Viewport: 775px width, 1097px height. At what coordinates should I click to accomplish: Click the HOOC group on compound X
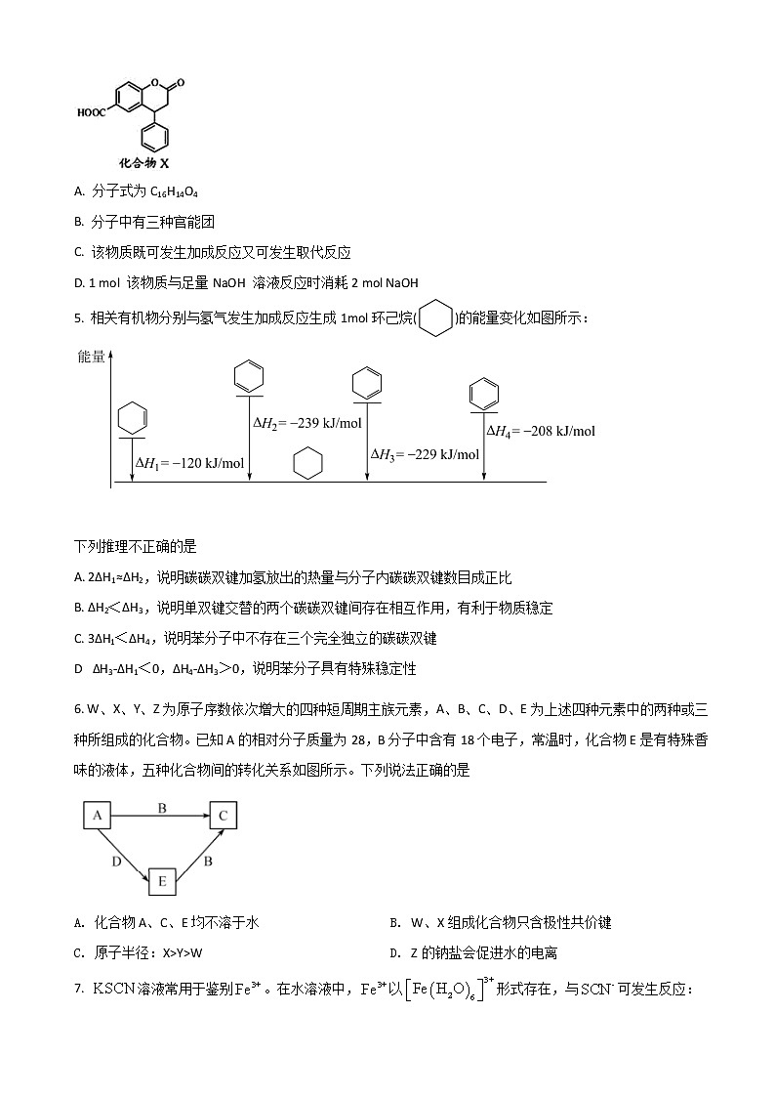[x=93, y=112]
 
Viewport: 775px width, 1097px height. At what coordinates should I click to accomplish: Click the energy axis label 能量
[x=91, y=357]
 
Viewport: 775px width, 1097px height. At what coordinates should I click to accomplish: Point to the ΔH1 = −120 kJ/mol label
[x=189, y=463]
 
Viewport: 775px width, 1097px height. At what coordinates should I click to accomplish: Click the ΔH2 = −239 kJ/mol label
[x=307, y=423]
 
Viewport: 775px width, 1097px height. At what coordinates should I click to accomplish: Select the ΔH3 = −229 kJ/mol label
[x=425, y=454]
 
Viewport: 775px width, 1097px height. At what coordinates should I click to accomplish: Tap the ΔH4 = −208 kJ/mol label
[x=541, y=431]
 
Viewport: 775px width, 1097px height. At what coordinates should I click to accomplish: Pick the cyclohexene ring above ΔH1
[x=132, y=420]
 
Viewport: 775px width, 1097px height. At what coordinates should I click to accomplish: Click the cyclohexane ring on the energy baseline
[x=308, y=464]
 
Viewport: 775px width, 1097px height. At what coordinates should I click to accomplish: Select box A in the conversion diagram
[x=97, y=816]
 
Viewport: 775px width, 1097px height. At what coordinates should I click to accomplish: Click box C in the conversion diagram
[x=223, y=816]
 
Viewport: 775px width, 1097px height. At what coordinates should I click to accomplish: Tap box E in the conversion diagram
[x=161, y=882]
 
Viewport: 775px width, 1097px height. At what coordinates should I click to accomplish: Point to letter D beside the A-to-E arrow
[x=116, y=862]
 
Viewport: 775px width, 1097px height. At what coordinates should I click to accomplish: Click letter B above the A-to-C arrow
[x=162, y=807]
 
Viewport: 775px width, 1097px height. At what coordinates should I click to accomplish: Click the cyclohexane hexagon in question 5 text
[x=436, y=318]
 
